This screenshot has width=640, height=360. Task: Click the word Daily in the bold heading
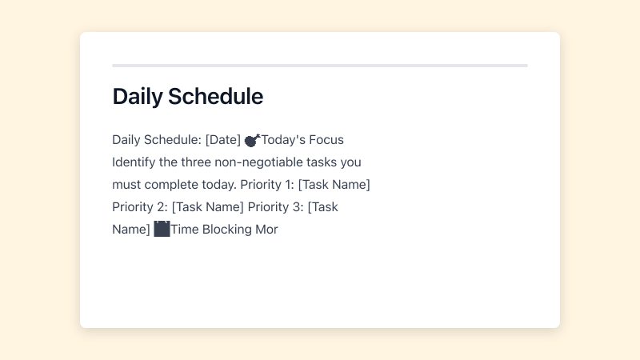[137, 97]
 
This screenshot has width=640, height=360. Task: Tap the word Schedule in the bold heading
[214, 97]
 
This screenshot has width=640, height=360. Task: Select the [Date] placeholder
[222, 140]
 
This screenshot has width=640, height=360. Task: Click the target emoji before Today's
[252, 140]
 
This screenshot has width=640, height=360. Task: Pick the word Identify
[134, 162]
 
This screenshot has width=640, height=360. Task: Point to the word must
[126, 185]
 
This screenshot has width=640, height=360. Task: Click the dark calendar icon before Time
[162, 229]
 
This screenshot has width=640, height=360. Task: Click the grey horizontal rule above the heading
[320, 66]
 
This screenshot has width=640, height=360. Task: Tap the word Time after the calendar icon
[185, 230]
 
